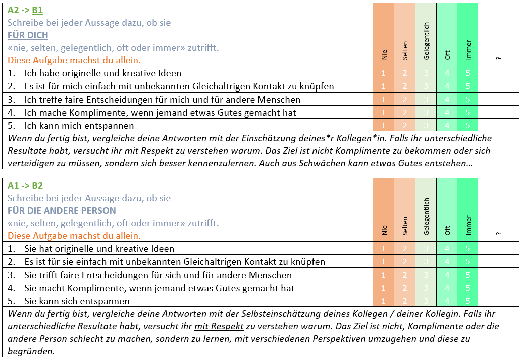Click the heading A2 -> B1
point(25,10)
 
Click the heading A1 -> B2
point(25,186)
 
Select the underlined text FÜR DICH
point(28,35)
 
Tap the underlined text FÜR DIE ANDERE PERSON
point(61,211)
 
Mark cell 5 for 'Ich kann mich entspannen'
point(468,125)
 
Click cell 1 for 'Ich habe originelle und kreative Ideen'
point(384,73)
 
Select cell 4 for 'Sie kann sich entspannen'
point(447,301)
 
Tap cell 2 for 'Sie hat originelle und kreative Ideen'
point(405,249)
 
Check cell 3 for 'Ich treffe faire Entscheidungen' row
point(426,100)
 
